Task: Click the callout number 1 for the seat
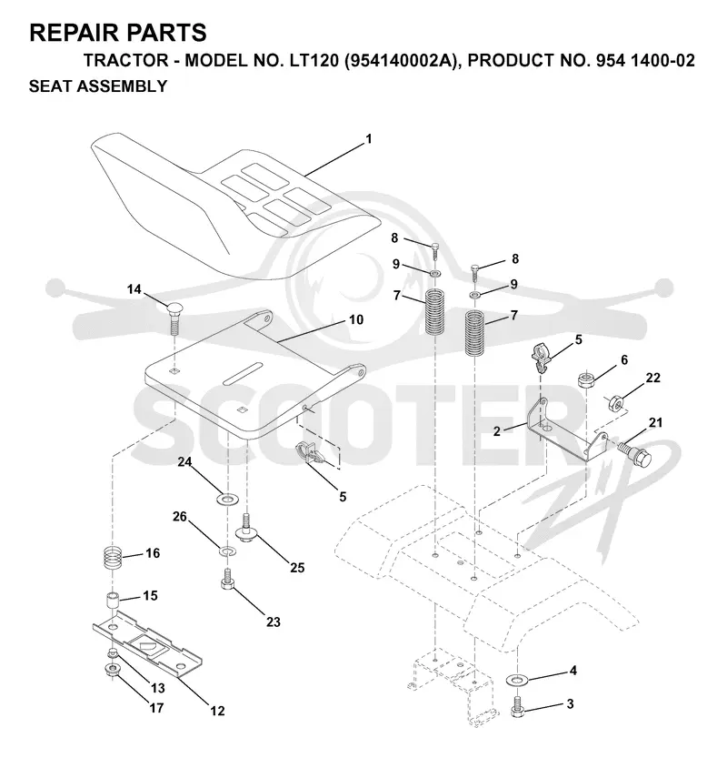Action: tap(369, 139)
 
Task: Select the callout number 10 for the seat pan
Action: tap(356, 319)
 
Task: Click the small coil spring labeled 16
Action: tap(112, 560)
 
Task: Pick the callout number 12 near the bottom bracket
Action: tap(218, 711)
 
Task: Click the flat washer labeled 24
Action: tap(226, 498)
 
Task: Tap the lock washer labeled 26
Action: tap(226, 551)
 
